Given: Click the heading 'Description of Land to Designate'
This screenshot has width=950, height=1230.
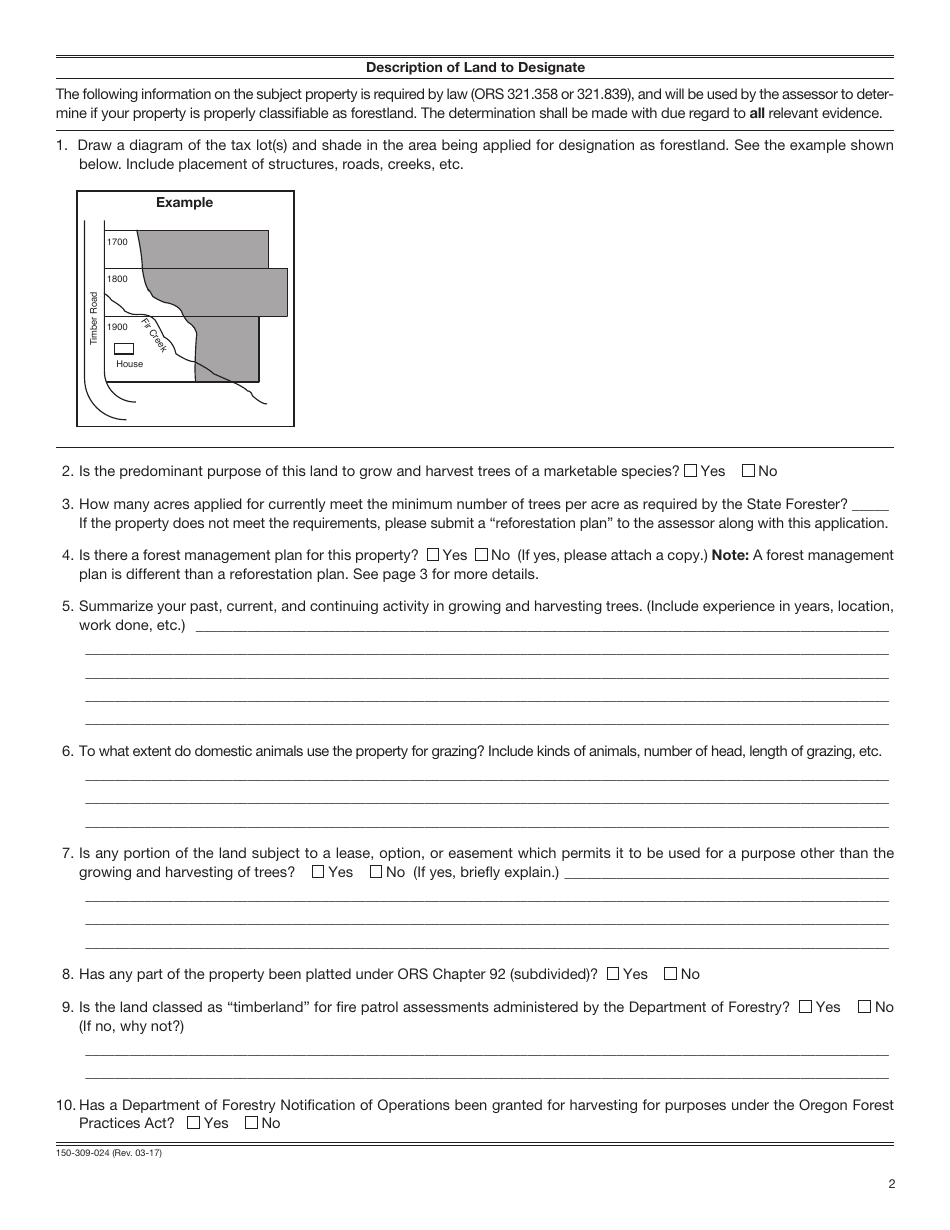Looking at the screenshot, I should [475, 68].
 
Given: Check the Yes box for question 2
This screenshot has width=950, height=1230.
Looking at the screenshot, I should [690, 471].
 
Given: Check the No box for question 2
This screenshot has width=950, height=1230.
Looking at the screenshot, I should [748, 471].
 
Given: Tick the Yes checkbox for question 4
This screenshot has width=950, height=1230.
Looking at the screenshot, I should [433, 555].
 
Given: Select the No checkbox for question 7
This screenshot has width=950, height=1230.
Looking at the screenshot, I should [376, 872].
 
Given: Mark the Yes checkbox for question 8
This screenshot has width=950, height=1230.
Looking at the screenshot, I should [613, 974].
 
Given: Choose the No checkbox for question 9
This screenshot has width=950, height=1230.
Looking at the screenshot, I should [864, 1007].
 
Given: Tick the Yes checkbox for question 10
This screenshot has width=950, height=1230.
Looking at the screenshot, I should [194, 1123].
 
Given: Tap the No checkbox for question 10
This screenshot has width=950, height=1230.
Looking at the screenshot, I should [251, 1123].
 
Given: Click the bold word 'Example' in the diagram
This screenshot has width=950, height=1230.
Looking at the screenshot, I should [184, 203].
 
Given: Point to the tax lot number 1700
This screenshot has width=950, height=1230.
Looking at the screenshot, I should [117, 242].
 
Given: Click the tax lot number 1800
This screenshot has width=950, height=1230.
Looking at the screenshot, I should [117, 279].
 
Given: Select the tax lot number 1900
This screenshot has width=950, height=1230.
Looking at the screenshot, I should [117, 327].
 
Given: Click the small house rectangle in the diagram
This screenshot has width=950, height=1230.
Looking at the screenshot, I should [124, 349].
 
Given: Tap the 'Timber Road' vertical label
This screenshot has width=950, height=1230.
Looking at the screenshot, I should [95, 318].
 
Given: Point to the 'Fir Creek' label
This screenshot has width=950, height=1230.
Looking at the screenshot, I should [154, 334].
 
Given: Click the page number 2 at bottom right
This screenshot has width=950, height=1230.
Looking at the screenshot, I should [890, 1185].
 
